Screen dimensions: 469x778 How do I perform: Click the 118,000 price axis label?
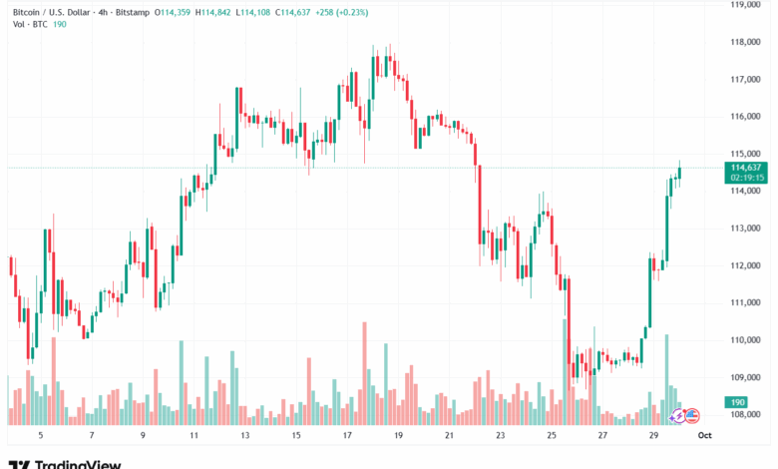tap(746, 42)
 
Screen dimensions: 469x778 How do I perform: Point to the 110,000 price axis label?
tap(746, 340)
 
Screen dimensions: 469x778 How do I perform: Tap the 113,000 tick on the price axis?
tap(746, 229)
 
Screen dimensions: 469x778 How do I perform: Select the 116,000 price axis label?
tap(746, 117)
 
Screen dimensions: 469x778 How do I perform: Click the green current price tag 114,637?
tap(746, 167)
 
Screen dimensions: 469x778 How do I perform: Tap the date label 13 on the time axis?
tap(245, 436)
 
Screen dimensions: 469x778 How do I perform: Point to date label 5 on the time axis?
tap(40, 436)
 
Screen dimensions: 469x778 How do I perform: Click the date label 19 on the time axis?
tap(399, 436)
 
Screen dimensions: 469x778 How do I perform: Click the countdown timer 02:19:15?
tap(746, 177)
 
